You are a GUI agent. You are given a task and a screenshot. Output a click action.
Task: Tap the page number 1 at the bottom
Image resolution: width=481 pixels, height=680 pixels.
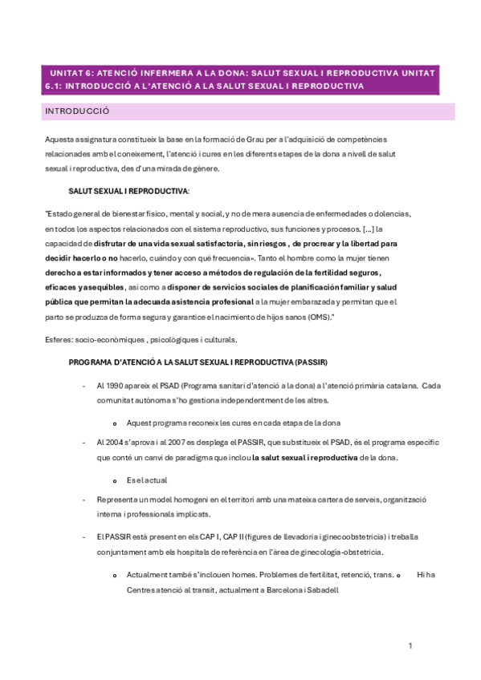click(x=410, y=646)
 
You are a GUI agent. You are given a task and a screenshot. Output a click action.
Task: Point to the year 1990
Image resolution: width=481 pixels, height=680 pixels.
click(x=116, y=385)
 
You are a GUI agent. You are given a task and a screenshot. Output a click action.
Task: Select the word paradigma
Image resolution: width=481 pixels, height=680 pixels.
click(x=216, y=458)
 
